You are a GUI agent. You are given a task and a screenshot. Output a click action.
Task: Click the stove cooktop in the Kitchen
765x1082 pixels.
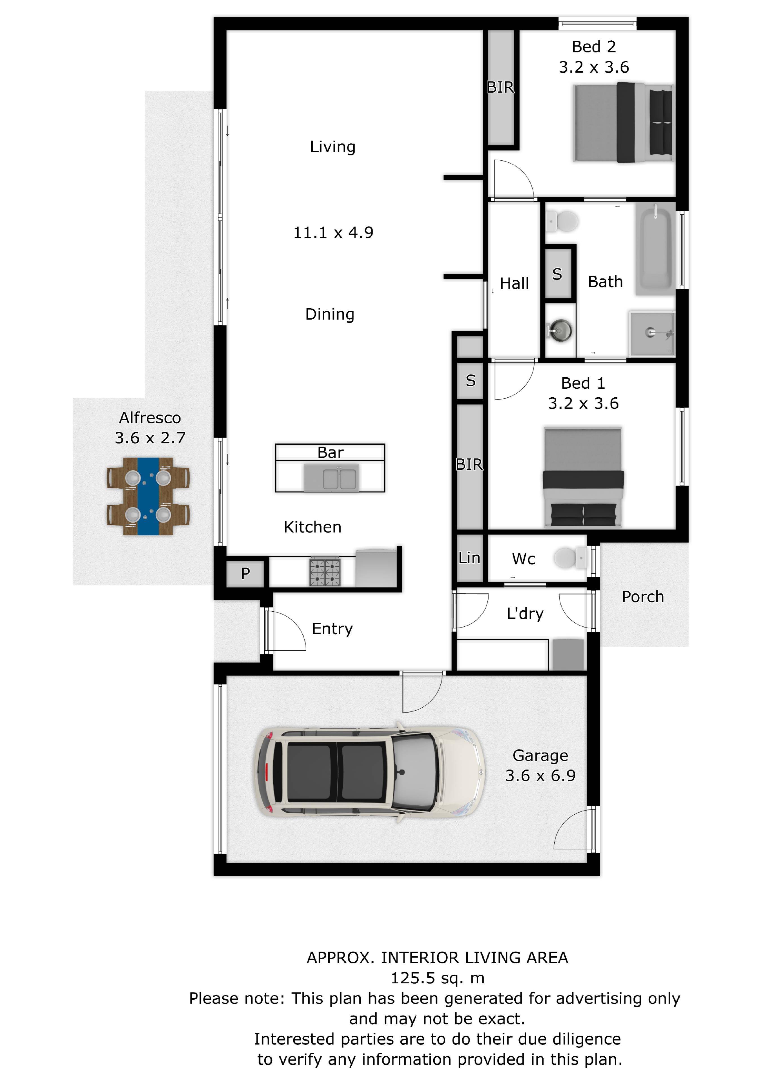point(325,572)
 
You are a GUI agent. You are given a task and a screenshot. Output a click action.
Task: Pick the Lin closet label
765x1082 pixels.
point(469,558)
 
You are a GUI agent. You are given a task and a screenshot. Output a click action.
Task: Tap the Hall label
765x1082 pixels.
point(514,283)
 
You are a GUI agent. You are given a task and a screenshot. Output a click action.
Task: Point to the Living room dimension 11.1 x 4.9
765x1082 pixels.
point(333,232)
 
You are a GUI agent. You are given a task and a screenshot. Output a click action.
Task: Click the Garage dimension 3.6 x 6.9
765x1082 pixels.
point(541,776)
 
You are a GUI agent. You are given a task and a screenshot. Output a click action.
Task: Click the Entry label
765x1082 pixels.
point(332,629)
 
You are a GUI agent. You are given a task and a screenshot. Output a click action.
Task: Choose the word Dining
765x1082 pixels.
point(330,314)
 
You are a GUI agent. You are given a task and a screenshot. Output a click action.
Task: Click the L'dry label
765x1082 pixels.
point(525,614)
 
